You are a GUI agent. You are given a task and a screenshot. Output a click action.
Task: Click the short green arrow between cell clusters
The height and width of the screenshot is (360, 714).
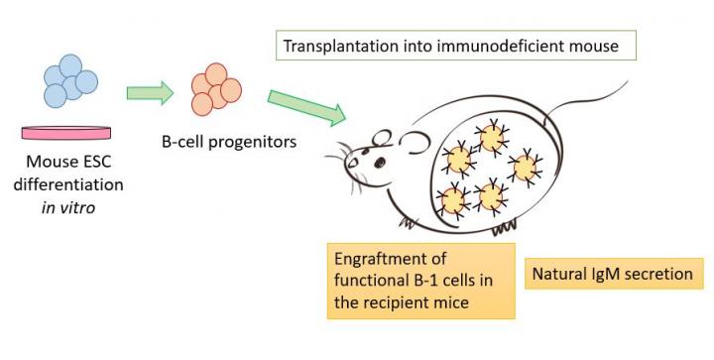click(150, 94)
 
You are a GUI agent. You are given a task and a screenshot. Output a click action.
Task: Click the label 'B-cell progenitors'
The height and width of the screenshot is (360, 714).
click(229, 141)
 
